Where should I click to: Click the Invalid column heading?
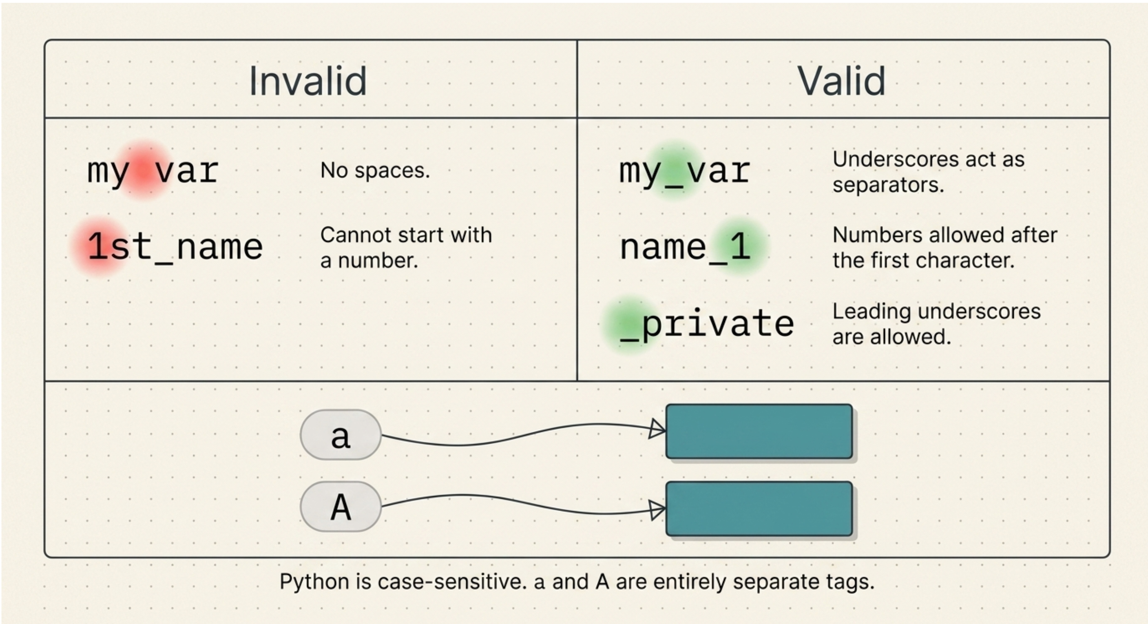click(x=308, y=81)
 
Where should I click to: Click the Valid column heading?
click(x=841, y=81)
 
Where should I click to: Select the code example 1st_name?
click(x=175, y=246)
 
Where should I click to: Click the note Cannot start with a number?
click(x=406, y=248)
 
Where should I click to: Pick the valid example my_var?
click(x=685, y=172)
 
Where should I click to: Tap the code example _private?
click(x=707, y=324)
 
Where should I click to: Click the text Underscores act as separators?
click(x=928, y=172)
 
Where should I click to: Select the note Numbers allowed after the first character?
click(x=945, y=248)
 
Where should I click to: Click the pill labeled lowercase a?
click(x=341, y=435)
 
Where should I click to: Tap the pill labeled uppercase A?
click(x=341, y=506)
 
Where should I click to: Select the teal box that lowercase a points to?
click(x=759, y=431)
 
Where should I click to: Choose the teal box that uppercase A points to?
click(x=759, y=509)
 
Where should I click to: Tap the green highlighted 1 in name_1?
click(x=740, y=246)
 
